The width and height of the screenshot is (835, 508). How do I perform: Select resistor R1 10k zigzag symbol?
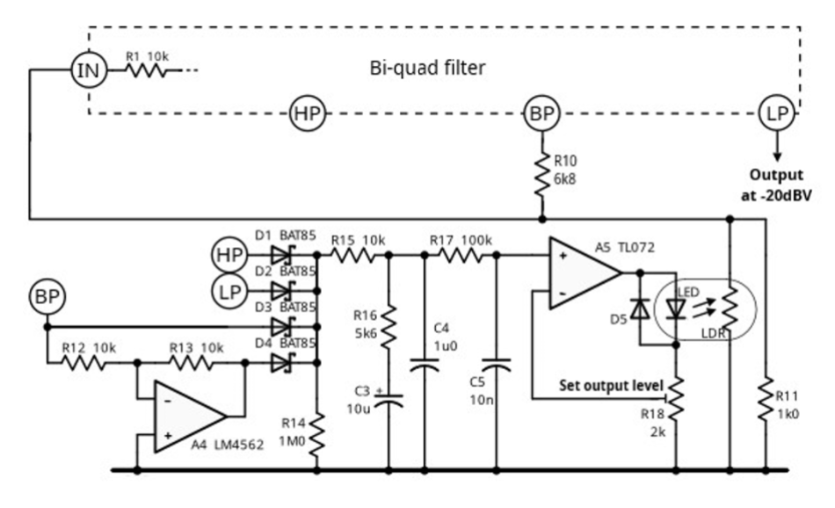pos(147,70)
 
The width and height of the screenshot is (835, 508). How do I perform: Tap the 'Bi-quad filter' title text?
pos(427,69)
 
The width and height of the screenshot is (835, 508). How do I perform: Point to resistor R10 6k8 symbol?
pos(542,174)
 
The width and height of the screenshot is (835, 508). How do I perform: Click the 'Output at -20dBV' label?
pos(776,185)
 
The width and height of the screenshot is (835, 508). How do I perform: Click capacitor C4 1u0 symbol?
pos(425,365)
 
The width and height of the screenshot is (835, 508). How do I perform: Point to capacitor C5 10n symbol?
pos(497,365)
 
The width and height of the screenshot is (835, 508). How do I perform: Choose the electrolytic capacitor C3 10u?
pos(388,399)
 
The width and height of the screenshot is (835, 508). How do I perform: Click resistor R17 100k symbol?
pos(461,256)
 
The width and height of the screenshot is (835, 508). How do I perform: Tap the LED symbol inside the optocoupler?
pos(676,308)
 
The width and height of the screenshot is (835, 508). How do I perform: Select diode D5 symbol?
pos(640,308)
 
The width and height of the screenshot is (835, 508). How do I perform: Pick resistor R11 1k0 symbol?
pos(766,398)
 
